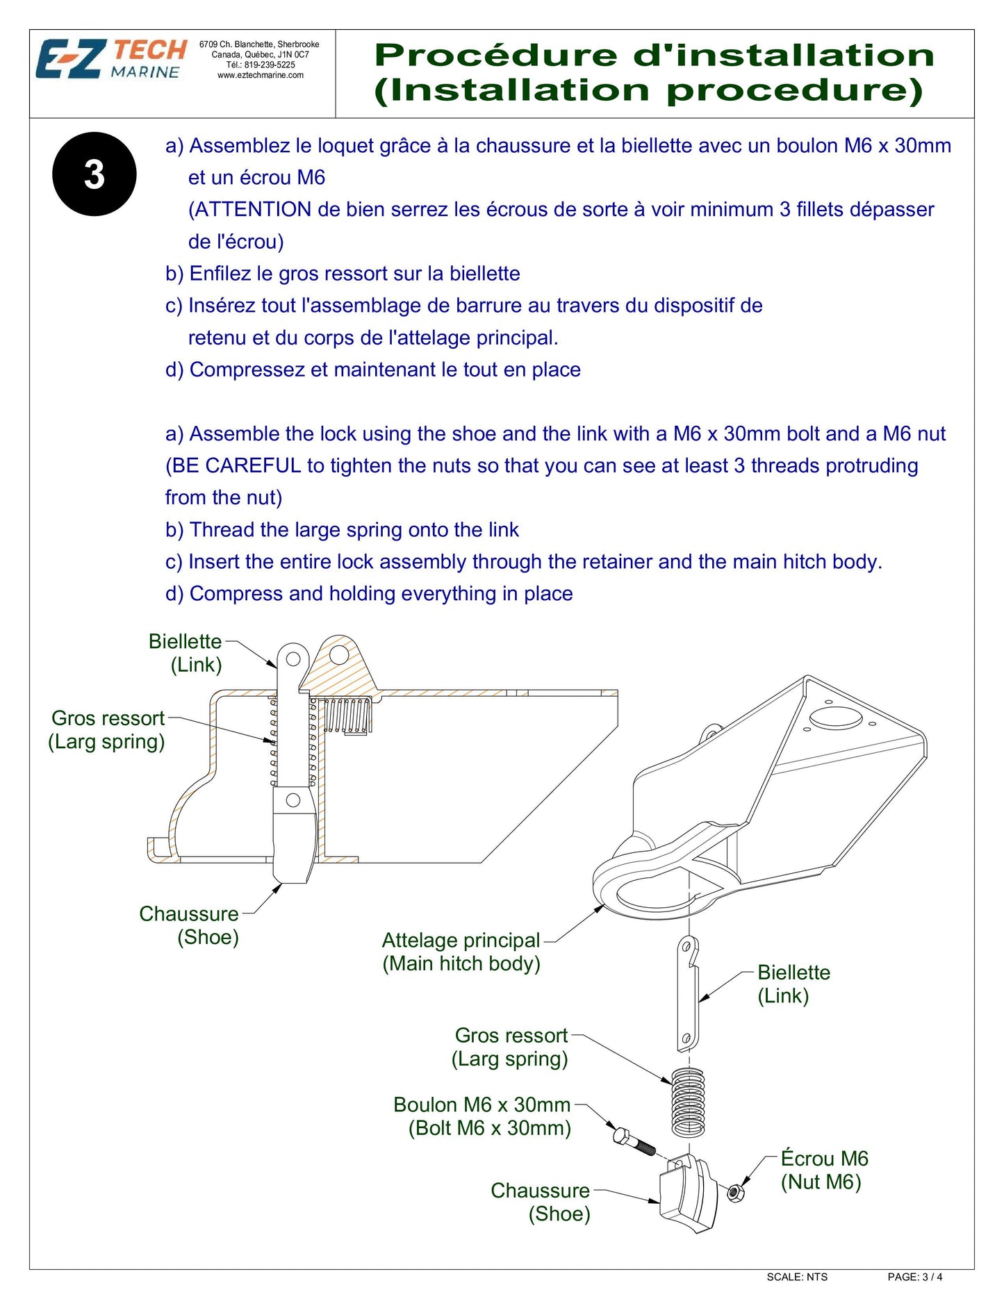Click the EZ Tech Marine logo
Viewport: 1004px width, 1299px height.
[x=111, y=60]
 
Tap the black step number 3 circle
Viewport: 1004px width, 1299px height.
[x=94, y=174]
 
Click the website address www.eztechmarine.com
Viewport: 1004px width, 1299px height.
[x=261, y=76]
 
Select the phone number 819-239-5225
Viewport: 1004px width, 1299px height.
[x=270, y=65]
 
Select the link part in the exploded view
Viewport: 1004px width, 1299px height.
[x=687, y=993]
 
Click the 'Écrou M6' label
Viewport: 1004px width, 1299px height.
[x=824, y=1159]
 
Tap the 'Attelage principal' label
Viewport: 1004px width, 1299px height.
[x=461, y=941]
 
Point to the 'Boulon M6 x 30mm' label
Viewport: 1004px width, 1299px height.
[x=482, y=1104]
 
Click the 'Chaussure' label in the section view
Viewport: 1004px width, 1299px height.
[x=188, y=913]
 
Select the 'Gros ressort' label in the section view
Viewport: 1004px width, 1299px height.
[x=108, y=718]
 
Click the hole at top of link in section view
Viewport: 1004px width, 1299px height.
[x=293, y=658]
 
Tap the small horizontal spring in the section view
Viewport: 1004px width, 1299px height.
[x=347, y=715]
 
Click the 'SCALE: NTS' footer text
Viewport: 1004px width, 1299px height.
[x=797, y=1277]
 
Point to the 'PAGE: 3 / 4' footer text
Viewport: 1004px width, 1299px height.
[x=914, y=1277]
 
